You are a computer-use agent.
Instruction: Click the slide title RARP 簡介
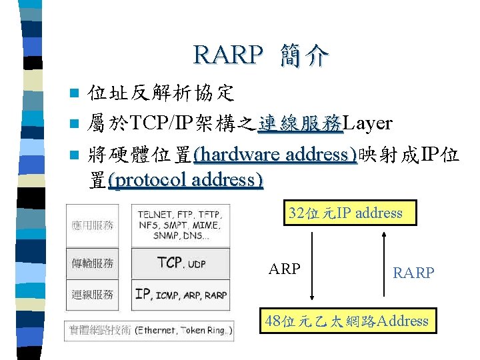261,55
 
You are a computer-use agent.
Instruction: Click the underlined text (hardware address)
275,155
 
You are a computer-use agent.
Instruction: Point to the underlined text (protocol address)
185,180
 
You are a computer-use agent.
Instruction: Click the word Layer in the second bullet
367,123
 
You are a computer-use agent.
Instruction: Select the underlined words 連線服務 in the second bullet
300,123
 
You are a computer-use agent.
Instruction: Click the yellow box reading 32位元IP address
345,213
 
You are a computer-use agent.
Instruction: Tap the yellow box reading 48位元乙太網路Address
346,321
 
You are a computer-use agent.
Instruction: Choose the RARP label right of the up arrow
413,273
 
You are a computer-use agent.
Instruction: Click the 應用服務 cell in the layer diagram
93,226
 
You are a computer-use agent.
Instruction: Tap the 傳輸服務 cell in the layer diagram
93,263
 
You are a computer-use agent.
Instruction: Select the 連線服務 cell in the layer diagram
93,294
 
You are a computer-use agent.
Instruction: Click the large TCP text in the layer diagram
170,263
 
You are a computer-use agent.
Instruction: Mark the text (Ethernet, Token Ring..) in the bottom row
184,329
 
